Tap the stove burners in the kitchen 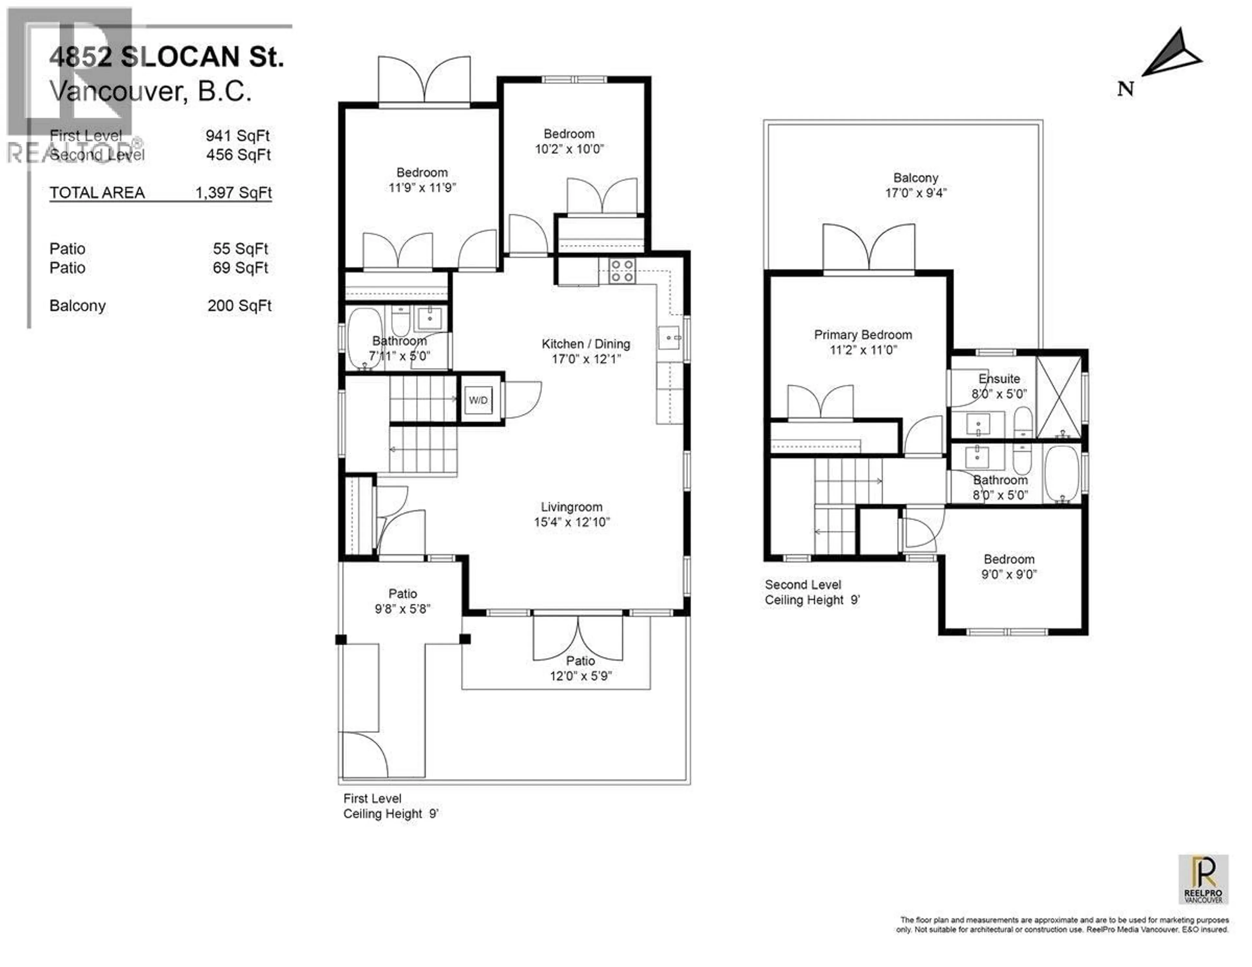click(x=622, y=271)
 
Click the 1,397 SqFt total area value click(x=233, y=193)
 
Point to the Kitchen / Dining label click(x=585, y=344)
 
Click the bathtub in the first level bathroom click(x=365, y=339)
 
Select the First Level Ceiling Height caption click(x=390, y=806)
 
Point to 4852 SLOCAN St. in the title click(x=166, y=57)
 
